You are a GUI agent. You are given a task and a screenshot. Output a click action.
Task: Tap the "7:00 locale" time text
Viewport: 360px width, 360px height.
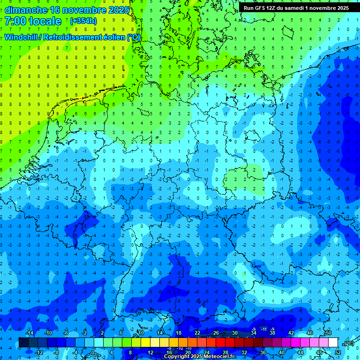[33, 21]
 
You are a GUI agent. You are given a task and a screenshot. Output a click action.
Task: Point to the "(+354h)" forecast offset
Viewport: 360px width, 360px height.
[83, 21]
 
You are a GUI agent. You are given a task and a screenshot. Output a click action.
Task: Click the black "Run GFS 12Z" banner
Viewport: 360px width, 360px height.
[296, 8]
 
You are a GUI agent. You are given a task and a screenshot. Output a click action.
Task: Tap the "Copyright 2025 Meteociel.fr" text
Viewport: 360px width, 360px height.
[199, 357]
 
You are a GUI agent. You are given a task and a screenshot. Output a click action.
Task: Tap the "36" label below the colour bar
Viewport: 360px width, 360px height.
[262, 352]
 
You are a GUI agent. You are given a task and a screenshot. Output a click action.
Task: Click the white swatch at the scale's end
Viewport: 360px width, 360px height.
[333, 343]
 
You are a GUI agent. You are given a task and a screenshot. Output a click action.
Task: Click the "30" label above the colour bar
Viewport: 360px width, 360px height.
[234, 333]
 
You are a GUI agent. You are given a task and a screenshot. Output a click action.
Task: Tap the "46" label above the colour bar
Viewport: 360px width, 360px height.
[309, 333]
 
